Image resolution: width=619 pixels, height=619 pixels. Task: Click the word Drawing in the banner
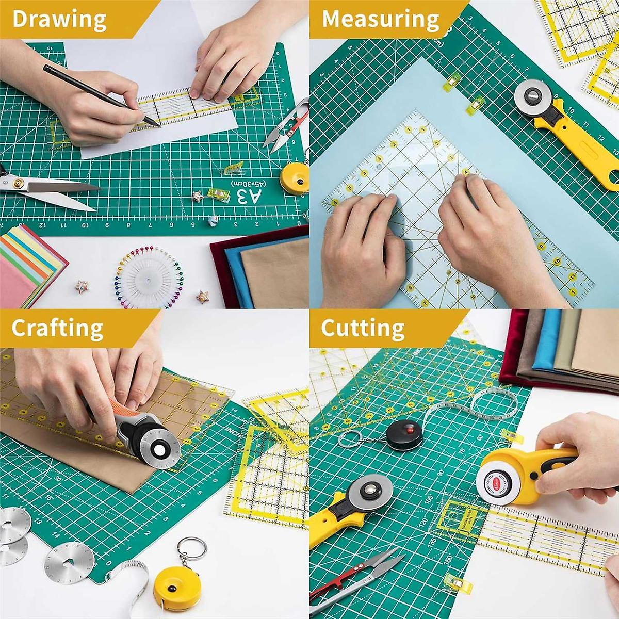[x=59, y=19]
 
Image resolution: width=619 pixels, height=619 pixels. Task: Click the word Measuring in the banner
[x=381, y=19]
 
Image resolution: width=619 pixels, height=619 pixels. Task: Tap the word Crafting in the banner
[x=57, y=328]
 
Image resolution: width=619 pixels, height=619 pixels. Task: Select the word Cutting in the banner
[x=363, y=328]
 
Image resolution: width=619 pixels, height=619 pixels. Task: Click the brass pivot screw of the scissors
[x=19, y=182]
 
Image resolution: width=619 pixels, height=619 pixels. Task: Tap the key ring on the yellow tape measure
[x=192, y=549]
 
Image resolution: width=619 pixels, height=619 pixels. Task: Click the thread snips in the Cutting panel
[x=356, y=578]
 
